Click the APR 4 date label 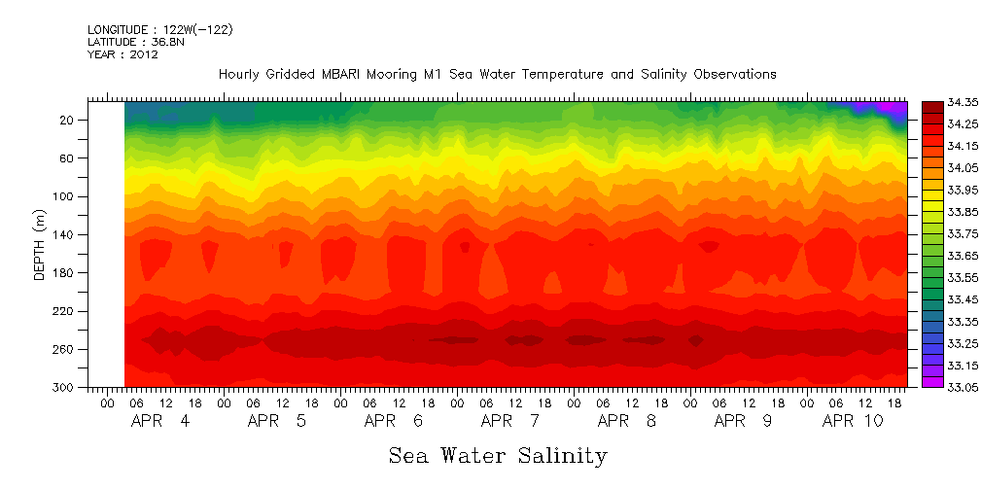click(161, 421)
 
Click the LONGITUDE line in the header click(159, 30)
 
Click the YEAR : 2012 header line click(123, 55)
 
